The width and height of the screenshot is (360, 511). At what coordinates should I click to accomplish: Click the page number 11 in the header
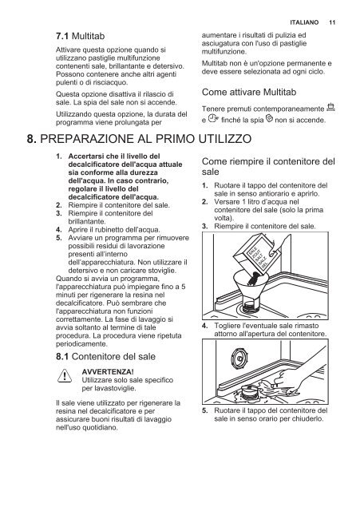[x=332, y=22]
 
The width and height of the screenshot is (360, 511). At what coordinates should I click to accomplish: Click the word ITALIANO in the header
[x=304, y=22]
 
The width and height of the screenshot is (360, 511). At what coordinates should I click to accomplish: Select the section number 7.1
[x=62, y=36]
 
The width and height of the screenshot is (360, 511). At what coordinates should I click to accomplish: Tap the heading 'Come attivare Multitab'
[x=249, y=93]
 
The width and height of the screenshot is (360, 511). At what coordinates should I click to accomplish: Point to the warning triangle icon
[x=65, y=376]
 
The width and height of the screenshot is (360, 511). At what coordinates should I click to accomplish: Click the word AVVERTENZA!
[x=108, y=372]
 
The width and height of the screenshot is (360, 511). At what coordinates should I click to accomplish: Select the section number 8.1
[x=62, y=357]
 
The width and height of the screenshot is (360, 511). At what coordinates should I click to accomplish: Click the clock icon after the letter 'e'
[x=213, y=119]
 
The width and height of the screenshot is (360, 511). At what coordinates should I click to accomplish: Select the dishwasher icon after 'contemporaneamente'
[x=330, y=107]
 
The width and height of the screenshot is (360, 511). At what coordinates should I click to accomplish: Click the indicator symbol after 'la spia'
[x=269, y=119]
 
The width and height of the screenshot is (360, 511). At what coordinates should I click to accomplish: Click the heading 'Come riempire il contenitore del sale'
[x=268, y=166]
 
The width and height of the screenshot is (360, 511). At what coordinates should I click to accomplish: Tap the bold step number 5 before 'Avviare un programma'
[x=58, y=238]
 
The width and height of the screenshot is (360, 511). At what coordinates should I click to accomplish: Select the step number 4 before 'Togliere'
[x=204, y=326]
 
